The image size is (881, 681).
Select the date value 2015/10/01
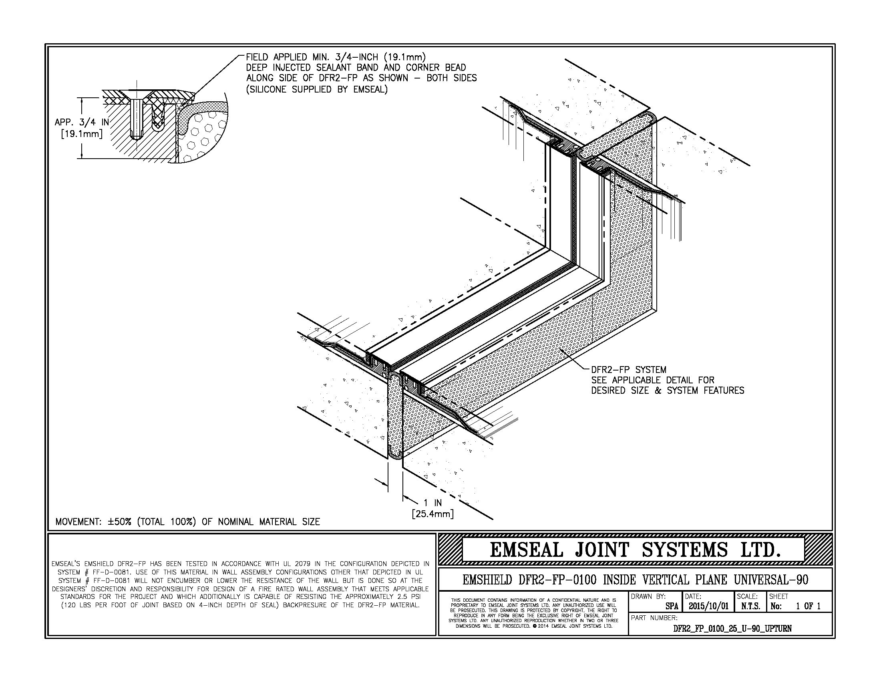(708, 606)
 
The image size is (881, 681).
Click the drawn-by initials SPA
(672, 606)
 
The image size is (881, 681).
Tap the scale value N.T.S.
(751, 606)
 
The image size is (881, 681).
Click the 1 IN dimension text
(432, 503)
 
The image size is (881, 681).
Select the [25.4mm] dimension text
(432, 514)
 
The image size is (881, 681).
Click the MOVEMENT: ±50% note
(187, 522)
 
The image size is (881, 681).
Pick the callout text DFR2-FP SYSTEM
(628, 370)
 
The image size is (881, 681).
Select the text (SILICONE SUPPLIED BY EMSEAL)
(317, 89)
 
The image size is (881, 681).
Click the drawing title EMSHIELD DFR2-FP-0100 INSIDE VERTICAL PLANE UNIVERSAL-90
(636, 580)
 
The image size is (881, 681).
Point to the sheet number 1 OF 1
(808, 606)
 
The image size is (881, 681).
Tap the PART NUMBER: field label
(654, 618)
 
